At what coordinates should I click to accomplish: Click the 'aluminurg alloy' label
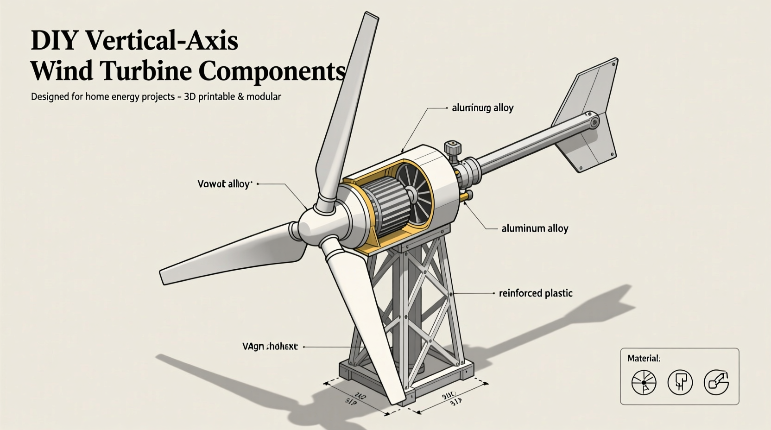pyautogui.click(x=482, y=108)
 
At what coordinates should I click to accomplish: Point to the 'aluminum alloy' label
pyautogui.click(x=535, y=228)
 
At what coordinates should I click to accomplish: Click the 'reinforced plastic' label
pyautogui.click(x=536, y=293)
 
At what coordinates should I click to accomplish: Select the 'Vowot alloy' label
pyautogui.click(x=225, y=184)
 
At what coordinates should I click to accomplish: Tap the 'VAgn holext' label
pyautogui.click(x=270, y=347)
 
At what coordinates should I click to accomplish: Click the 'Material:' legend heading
pyautogui.click(x=644, y=358)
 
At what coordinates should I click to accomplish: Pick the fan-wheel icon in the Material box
pyautogui.click(x=644, y=383)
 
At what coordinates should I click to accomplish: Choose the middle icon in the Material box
pyautogui.click(x=680, y=383)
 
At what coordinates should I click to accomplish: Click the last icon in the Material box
pyautogui.click(x=716, y=383)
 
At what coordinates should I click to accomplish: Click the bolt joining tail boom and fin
pyautogui.click(x=592, y=121)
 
